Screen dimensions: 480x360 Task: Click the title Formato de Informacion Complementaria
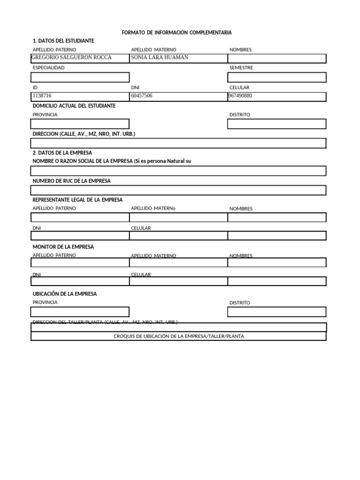click(x=177, y=32)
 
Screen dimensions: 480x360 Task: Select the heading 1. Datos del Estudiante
click(x=63, y=41)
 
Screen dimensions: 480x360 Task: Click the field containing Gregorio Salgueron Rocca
click(x=80, y=58)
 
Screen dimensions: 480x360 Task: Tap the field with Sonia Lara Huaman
click(x=178, y=58)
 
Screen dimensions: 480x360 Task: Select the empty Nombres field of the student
click(x=277, y=58)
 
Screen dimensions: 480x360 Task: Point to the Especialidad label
click(x=49, y=67)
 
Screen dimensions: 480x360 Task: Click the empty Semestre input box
click(x=277, y=77)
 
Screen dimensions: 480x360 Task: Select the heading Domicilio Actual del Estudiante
click(x=74, y=105)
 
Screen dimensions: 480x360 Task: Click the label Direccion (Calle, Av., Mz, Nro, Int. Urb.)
click(x=84, y=134)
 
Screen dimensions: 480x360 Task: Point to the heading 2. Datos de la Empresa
click(x=62, y=153)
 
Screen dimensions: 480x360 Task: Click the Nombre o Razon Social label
click(x=112, y=161)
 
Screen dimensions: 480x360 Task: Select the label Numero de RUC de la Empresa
click(x=72, y=181)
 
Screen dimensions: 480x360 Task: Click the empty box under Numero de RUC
click(x=178, y=190)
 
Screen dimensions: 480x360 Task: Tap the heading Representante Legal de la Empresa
click(x=77, y=200)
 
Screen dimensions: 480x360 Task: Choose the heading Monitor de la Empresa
click(x=63, y=247)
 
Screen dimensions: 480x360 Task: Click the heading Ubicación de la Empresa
click(x=65, y=294)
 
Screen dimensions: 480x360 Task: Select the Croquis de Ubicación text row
click(x=179, y=336)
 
